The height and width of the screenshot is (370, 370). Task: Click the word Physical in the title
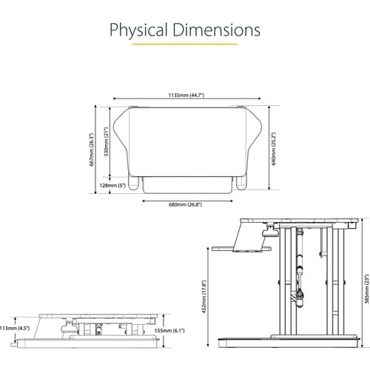(x=138, y=30)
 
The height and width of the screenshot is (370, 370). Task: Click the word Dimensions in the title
(x=216, y=30)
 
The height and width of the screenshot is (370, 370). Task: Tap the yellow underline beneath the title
(x=185, y=44)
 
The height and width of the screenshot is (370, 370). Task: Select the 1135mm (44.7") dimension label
(x=186, y=95)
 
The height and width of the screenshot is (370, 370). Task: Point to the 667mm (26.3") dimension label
(x=92, y=149)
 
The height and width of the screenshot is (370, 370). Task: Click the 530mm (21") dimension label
(x=107, y=141)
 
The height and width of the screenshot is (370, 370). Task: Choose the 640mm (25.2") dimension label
(x=274, y=149)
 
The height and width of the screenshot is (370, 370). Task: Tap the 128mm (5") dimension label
(x=112, y=185)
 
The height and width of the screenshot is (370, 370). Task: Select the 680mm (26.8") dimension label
(x=186, y=204)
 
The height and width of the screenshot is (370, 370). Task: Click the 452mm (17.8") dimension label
(x=204, y=297)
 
